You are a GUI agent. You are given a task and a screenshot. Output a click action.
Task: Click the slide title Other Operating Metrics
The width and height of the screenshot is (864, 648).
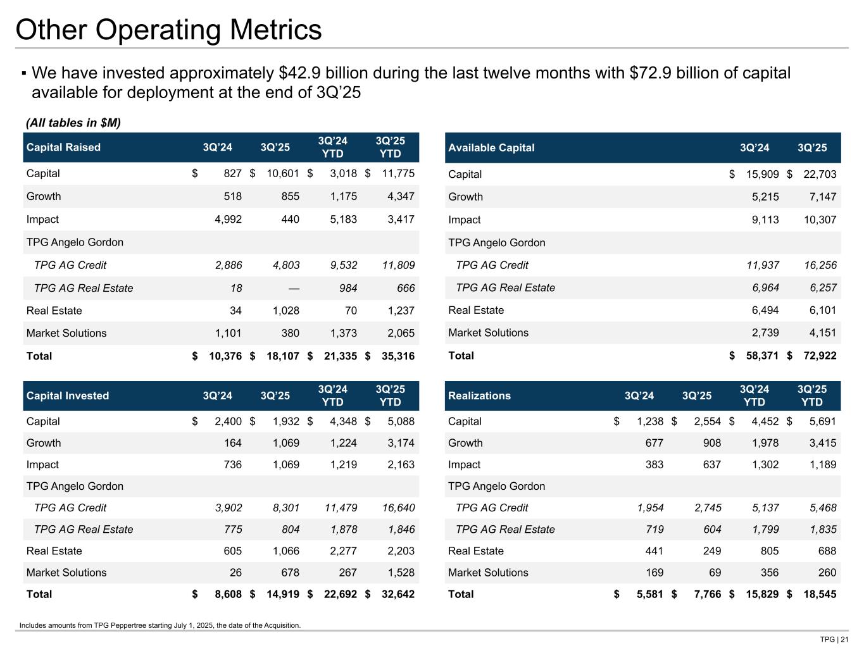click(x=168, y=30)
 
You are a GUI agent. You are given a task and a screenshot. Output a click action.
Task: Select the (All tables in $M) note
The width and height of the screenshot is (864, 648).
click(x=73, y=122)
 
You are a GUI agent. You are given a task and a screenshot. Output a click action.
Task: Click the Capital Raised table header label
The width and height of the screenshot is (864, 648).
click(x=63, y=147)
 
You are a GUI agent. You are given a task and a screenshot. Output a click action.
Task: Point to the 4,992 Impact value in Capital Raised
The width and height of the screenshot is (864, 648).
click(x=225, y=220)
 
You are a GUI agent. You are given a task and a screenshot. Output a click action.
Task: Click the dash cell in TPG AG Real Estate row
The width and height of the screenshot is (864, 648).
click(x=293, y=288)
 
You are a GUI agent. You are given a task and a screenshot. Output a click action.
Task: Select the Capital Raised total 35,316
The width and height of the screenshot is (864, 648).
click(x=397, y=356)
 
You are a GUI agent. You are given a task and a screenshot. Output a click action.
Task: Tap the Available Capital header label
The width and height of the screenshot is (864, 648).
click(x=491, y=147)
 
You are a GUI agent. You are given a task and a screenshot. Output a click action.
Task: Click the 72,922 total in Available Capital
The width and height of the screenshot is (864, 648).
click(x=818, y=356)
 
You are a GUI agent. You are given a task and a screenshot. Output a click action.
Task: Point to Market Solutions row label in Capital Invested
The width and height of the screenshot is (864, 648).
click(x=66, y=573)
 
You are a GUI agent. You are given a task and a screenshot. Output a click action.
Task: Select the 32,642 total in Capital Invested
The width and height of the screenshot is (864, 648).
click(x=397, y=594)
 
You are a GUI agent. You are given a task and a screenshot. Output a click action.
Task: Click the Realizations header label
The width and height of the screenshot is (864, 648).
click(x=479, y=396)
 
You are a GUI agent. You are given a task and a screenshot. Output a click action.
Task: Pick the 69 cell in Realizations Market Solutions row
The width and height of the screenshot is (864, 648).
click(x=715, y=573)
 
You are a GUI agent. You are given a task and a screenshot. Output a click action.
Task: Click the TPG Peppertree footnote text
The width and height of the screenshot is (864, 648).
click(x=160, y=625)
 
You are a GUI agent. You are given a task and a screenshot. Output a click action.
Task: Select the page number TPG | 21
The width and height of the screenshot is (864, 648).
click(x=834, y=639)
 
